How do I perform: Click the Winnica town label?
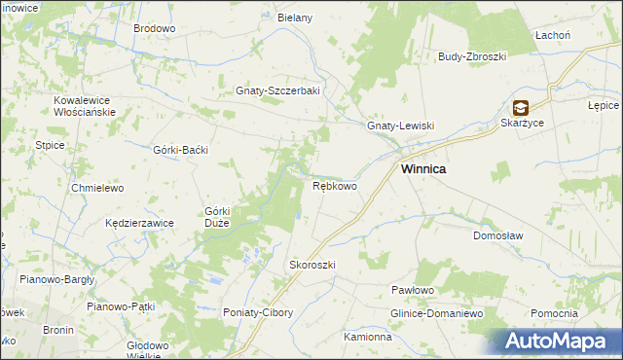[x=424, y=168]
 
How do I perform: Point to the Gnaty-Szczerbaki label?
[x=278, y=91]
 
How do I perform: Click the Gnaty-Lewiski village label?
[x=399, y=126]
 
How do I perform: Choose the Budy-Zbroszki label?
[x=473, y=56]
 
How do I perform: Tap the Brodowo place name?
[x=154, y=29]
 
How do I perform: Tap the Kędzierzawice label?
[x=139, y=223]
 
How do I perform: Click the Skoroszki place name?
[x=312, y=265]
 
